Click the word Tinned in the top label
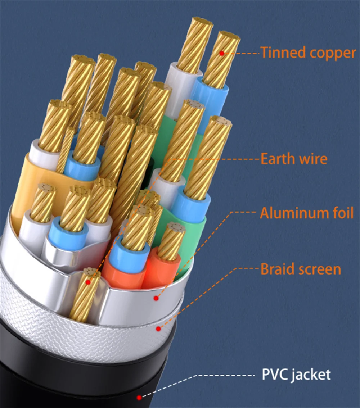pyautogui.click(x=279, y=53)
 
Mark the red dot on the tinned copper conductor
pyautogui.click(x=222, y=53)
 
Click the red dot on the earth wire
pyautogui.click(x=88, y=282)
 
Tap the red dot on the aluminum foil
pyautogui.click(x=156, y=298)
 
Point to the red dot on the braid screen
pyautogui.click(x=158, y=328)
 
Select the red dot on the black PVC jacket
pyautogui.click(x=139, y=398)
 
